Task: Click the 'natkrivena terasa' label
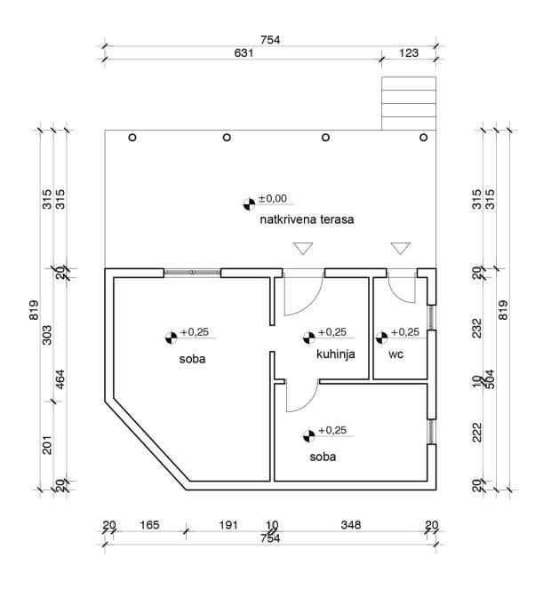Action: tap(307, 219)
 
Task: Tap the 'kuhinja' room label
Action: tap(336, 354)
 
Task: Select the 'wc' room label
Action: tap(395, 354)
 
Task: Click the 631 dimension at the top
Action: tap(244, 52)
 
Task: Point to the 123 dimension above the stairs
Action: tap(409, 52)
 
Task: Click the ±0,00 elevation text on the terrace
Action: tap(273, 199)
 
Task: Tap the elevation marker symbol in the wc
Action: tap(382, 338)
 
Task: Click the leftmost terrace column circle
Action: tap(132, 138)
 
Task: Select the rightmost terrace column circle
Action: tap(423, 138)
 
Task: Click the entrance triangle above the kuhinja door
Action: tap(303, 248)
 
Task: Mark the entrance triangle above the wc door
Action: tap(400, 248)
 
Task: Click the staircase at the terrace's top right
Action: tap(409, 103)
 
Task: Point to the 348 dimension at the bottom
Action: tap(351, 525)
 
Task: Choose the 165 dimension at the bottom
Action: tap(149, 525)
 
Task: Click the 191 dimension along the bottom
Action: tap(228, 525)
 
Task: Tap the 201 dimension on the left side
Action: tap(47, 445)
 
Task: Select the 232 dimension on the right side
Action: tap(477, 329)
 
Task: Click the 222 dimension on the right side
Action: tap(477, 432)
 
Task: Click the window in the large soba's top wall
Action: tap(192, 272)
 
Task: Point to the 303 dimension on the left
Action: tap(47, 335)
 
